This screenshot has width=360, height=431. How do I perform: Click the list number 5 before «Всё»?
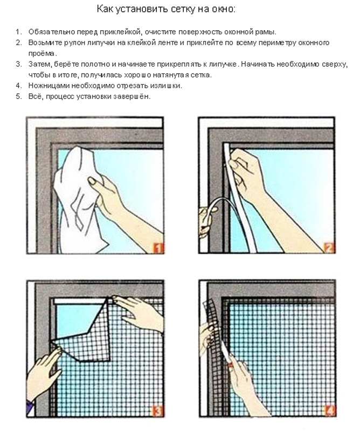click(18, 97)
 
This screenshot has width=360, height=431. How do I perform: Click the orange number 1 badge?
click(158, 248)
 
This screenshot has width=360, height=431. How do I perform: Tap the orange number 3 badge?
click(157, 411)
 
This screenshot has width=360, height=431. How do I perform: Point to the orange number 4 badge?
click(329, 411)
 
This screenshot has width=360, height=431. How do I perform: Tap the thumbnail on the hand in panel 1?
click(91, 180)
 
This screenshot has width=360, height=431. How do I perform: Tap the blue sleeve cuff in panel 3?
click(30, 408)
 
